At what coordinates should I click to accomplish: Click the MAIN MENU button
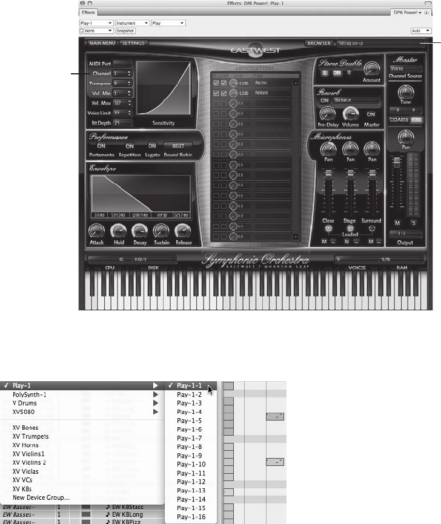pyautogui.click(x=102, y=44)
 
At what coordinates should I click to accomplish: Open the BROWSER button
pyautogui.click(x=319, y=44)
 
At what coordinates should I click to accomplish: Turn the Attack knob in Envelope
pyautogui.click(x=97, y=230)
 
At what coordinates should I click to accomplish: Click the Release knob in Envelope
pyautogui.click(x=183, y=230)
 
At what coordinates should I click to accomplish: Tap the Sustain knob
pyautogui.click(x=161, y=230)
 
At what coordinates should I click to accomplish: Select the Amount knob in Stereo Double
pyautogui.click(x=372, y=68)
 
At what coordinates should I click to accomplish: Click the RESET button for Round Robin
pyautogui.click(x=178, y=146)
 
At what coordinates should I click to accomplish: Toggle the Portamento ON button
pyautogui.click(x=101, y=146)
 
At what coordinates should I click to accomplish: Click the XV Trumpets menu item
pyautogui.click(x=31, y=436)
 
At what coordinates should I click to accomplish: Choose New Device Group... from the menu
pyautogui.click(x=41, y=497)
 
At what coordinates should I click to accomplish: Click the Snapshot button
pyautogui.click(x=125, y=30)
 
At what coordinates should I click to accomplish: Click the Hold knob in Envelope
pyautogui.click(x=118, y=230)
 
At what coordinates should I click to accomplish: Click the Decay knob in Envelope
pyautogui.click(x=140, y=230)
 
